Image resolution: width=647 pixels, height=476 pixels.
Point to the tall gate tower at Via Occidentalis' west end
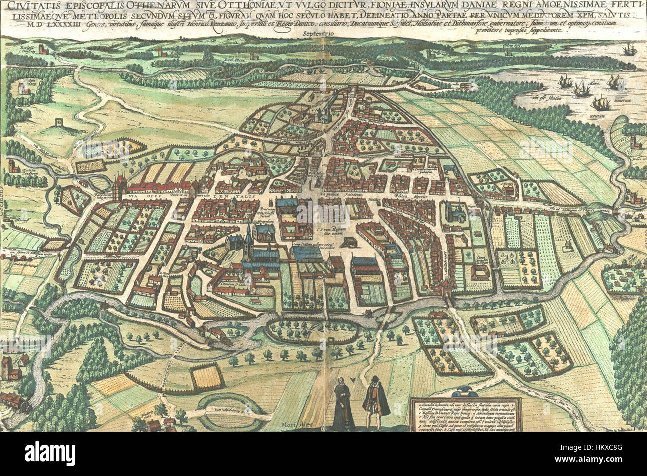point(119,187)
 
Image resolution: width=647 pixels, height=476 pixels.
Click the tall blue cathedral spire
point(248,234)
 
